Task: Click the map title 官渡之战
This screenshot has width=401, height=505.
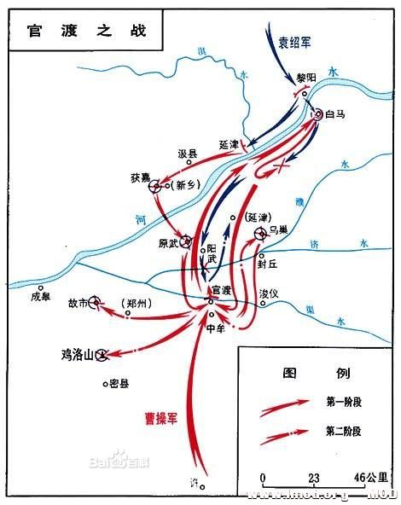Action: coord(74,31)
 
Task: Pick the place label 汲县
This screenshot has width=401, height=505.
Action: coord(187,154)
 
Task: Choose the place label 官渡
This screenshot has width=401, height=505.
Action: coord(221,290)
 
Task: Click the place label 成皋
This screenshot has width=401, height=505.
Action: coord(41,297)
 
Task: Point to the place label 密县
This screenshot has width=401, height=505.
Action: coord(119,384)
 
